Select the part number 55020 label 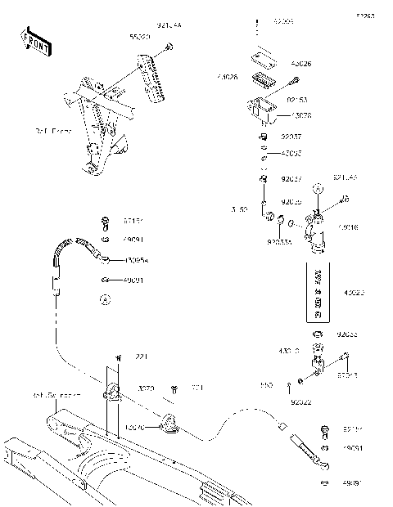coord(140,37)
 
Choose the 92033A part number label coord(279,242)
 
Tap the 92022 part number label coord(300,402)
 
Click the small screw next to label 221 coord(120,358)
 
